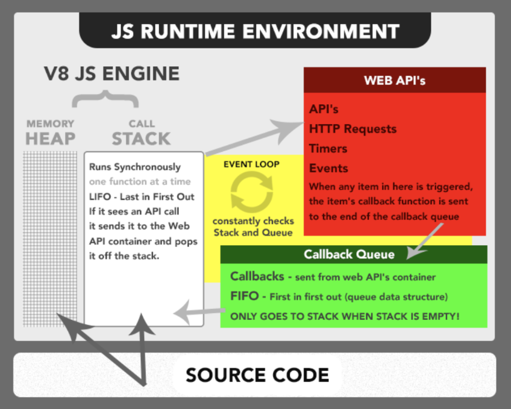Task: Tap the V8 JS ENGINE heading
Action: tap(112, 73)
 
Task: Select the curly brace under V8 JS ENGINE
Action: tap(106, 98)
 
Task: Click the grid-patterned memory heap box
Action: tap(50, 238)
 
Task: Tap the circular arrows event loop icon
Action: tap(252, 190)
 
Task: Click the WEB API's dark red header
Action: tap(394, 80)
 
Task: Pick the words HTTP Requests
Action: tap(353, 129)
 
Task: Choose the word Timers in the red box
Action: tap(328, 148)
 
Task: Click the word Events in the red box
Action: tap(328, 167)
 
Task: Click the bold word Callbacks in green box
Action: tap(257, 276)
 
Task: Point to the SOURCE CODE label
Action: tap(257, 375)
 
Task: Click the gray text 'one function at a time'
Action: tap(140, 181)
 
